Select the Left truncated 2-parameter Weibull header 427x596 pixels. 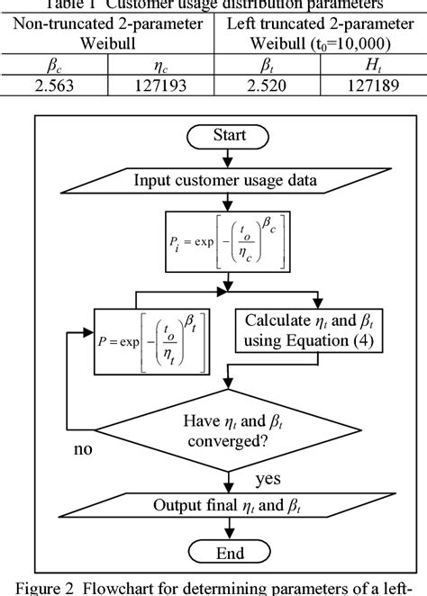tap(320, 35)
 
